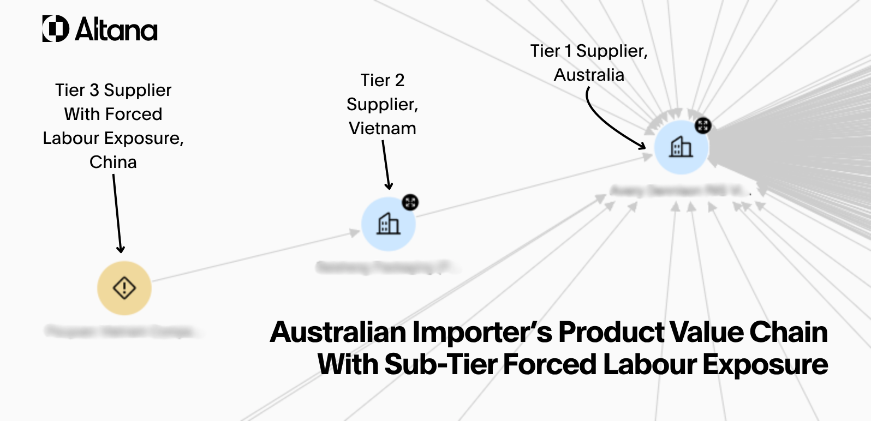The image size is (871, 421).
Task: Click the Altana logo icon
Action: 56,29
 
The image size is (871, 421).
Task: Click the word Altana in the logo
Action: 117,30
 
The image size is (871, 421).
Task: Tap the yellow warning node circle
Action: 124,288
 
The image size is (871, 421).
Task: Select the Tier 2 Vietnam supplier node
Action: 389,224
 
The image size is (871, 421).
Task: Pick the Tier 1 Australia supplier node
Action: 681,147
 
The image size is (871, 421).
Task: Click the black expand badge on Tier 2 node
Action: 410,202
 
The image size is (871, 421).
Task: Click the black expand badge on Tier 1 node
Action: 703,125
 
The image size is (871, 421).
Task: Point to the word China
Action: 113,162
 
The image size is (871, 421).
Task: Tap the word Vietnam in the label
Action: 383,128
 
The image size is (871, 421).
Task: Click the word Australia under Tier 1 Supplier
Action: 589,75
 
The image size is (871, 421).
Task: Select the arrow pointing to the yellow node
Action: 117,213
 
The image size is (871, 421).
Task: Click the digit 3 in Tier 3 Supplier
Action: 94,90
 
